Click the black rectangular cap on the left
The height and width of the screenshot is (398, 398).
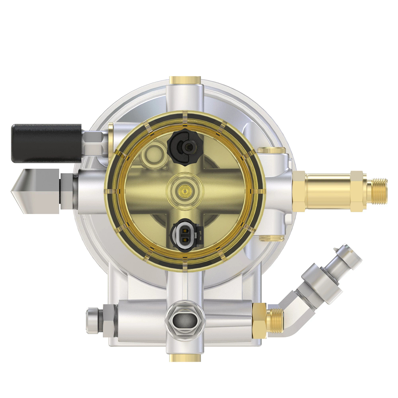[x=46, y=143]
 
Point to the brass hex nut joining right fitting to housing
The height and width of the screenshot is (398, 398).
[x=298, y=191]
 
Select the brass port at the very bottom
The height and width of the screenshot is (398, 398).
[x=185, y=358]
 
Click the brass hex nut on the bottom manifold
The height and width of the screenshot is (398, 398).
[x=259, y=320]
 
